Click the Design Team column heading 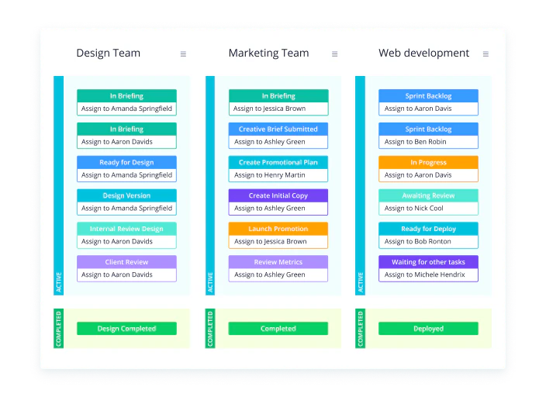click(109, 53)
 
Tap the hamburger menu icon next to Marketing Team click(334, 54)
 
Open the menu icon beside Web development click(486, 54)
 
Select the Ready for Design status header click(126, 162)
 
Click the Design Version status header click(126, 195)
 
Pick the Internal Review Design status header click(126, 229)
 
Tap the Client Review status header click(126, 262)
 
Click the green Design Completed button click(126, 329)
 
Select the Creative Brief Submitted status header click(278, 129)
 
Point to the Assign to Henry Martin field click(278, 175)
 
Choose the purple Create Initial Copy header click(278, 195)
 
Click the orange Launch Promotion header click(278, 229)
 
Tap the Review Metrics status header click(278, 262)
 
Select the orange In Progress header click(428, 162)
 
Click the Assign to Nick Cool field click(428, 209)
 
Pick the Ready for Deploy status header click(428, 229)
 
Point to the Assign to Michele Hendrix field click(428, 274)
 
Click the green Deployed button click(428, 329)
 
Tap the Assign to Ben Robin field click(428, 142)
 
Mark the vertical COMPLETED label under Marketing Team click(210, 329)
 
